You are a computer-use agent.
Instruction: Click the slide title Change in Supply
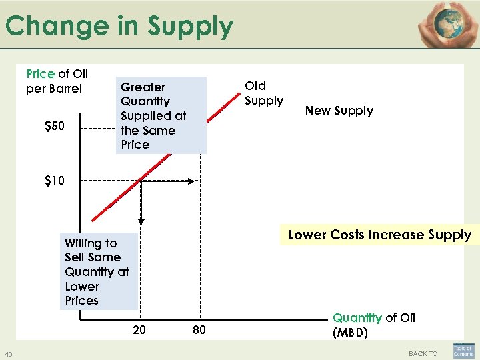coord(119,27)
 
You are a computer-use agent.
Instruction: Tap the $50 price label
coord(54,127)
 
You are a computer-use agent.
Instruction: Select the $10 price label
coord(54,180)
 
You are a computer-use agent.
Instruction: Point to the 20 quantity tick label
coord(139,330)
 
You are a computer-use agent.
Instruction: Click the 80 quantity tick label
coord(199,330)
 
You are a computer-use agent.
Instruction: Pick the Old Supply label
coord(263,93)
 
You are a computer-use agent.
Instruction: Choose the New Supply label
coord(339,111)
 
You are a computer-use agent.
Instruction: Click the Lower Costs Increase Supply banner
coord(379,235)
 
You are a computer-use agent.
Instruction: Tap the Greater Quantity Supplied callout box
coord(161,116)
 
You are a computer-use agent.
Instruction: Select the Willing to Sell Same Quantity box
coord(97,271)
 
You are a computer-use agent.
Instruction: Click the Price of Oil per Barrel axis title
coord(57,81)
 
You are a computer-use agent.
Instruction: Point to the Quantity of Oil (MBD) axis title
coord(373,325)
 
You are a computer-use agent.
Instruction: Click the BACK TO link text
coord(423,353)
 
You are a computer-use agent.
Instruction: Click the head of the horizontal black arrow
coord(193,180)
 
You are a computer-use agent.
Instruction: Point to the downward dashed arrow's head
coord(141,220)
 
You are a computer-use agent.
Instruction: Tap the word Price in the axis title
coord(40,73)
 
